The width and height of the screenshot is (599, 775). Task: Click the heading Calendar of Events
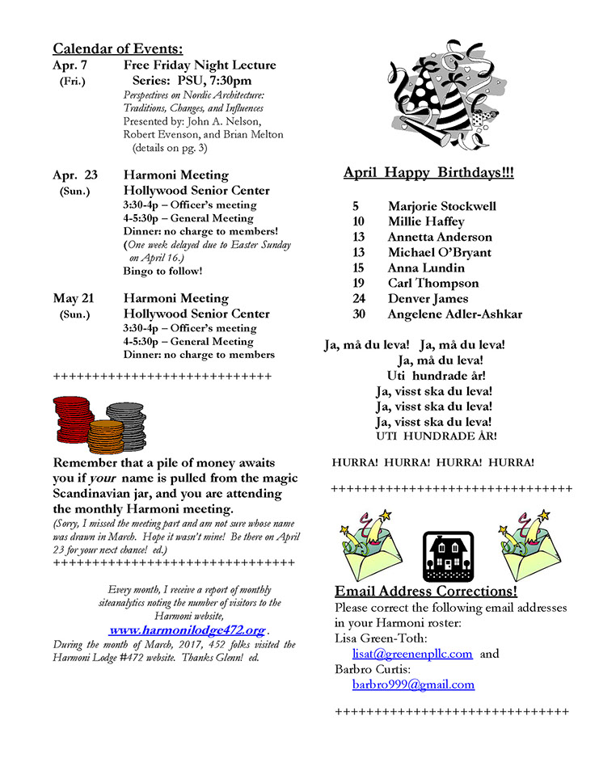click(x=118, y=48)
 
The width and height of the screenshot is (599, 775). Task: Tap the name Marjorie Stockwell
click(x=441, y=206)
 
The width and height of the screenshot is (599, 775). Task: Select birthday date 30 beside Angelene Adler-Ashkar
click(x=359, y=314)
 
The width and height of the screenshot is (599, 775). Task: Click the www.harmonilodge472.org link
click(x=188, y=630)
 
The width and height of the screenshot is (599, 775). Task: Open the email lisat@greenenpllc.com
click(x=412, y=654)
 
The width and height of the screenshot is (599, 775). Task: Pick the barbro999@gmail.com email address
click(x=413, y=684)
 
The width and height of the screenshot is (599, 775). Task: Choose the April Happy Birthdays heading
click(x=428, y=172)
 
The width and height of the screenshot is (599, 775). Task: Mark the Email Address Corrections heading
click(x=426, y=591)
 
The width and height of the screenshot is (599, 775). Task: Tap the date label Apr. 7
click(x=70, y=65)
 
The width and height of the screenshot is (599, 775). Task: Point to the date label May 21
click(x=74, y=298)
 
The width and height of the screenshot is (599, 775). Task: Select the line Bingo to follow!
click(x=162, y=271)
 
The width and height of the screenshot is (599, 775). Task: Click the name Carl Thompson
click(x=432, y=283)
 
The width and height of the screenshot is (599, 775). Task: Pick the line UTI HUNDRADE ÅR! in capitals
click(x=437, y=436)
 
